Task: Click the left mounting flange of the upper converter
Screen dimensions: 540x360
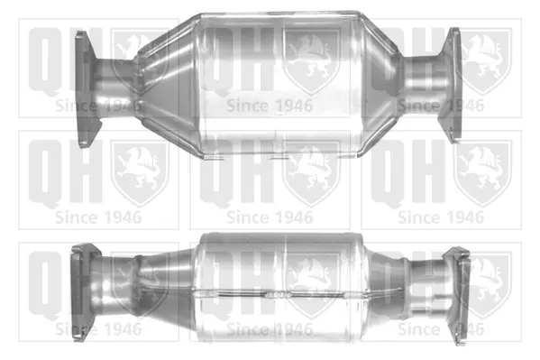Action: [x=87, y=89]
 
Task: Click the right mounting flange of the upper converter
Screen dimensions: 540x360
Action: [x=451, y=85]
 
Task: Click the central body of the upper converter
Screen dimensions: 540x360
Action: [x=279, y=86]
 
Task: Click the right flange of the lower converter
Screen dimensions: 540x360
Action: [x=457, y=295]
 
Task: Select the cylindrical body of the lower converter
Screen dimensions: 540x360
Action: [x=279, y=287]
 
